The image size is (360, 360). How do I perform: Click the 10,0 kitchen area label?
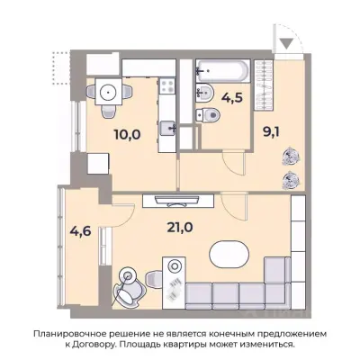click(127, 135)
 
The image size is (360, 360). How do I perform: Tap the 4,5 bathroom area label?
click(232, 98)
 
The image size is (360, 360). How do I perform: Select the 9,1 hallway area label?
click(271, 132)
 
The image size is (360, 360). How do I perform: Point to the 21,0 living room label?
click(180, 228)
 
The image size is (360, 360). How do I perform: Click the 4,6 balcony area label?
click(80, 231)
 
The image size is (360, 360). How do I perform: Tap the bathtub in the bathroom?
click(223, 71)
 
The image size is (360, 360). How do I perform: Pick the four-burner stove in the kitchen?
click(166, 86)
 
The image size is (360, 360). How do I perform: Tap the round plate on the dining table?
click(108, 91)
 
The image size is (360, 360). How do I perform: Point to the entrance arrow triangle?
click(287, 43)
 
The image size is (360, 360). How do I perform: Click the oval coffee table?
click(229, 256)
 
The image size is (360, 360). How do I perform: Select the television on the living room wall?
click(178, 200)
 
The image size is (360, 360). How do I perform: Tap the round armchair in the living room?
click(130, 286)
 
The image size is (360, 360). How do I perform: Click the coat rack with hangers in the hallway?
click(264, 85)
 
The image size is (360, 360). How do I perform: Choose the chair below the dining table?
click(108, 112)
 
